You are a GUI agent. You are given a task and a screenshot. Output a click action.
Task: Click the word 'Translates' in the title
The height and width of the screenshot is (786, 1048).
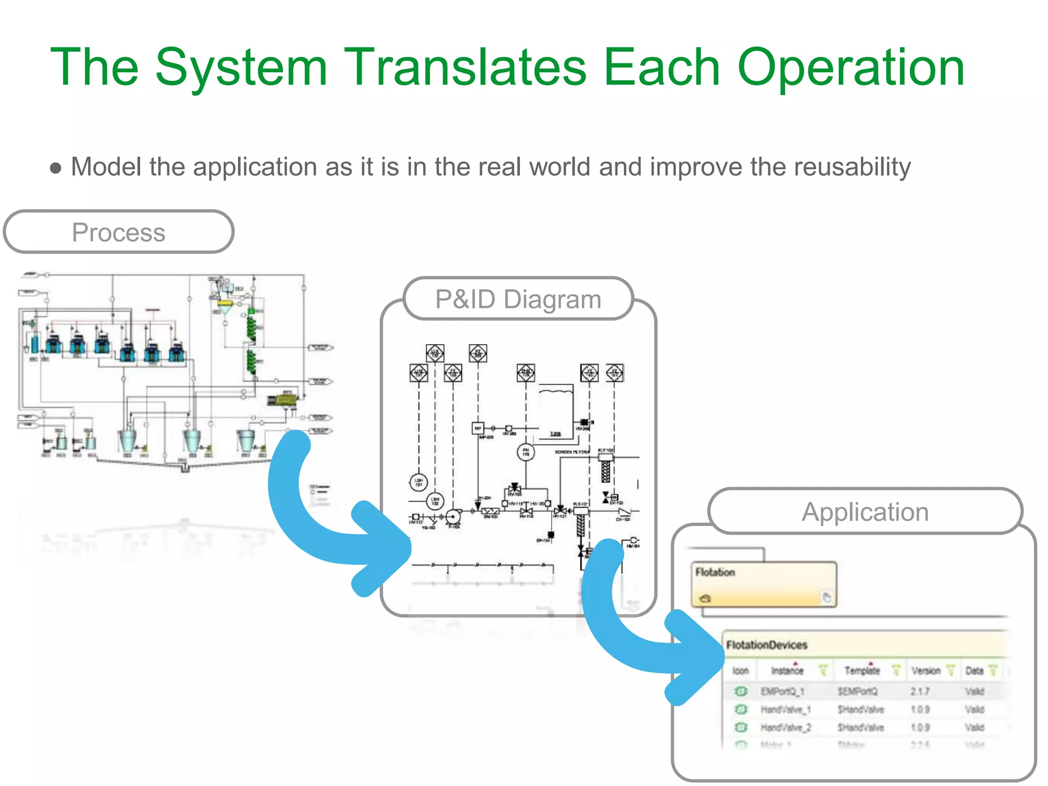click(465, 68)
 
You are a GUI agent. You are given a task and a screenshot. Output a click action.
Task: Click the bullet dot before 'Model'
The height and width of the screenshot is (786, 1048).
click(56, 168)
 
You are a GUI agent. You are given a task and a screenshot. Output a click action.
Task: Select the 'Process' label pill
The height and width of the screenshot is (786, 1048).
click(119, 232)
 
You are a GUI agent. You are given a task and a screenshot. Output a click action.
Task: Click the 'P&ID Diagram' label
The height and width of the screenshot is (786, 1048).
click(518, 299)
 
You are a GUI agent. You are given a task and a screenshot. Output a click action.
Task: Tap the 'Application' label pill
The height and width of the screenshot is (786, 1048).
click(865, 512)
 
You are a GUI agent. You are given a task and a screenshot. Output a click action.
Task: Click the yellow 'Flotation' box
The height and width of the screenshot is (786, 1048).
click(763, 584)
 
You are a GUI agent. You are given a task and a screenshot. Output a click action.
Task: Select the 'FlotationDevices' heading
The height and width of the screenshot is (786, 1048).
click(767, 645)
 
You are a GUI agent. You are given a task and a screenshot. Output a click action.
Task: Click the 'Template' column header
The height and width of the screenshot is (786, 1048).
click(862, 670)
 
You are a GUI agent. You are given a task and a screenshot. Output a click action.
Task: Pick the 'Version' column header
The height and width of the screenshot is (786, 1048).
click(926, 670)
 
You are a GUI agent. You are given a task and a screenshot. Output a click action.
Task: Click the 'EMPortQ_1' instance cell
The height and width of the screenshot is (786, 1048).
click(782, 692)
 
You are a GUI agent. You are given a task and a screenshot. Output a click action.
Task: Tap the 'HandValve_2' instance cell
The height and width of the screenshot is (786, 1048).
click(785, 728)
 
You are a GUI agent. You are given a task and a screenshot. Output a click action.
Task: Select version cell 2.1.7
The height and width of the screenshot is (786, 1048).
click(920, 692)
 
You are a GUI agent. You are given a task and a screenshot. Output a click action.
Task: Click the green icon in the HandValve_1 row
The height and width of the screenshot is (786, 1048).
click(740, 710)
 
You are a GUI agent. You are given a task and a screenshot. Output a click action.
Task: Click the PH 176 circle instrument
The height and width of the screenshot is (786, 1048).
click(526, 452)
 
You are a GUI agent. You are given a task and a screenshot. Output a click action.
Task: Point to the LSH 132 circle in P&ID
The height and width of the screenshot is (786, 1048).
click(435, 501)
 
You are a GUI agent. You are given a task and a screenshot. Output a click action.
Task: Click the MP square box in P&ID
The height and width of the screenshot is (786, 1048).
click(477, 428)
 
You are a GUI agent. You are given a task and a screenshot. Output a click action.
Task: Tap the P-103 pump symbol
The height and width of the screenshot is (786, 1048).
click(453, 517)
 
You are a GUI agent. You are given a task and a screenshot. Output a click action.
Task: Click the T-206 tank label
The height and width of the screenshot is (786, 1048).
click(555, 434)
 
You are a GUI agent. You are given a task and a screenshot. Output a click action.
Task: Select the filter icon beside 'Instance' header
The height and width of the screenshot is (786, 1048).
click(823, 670)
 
